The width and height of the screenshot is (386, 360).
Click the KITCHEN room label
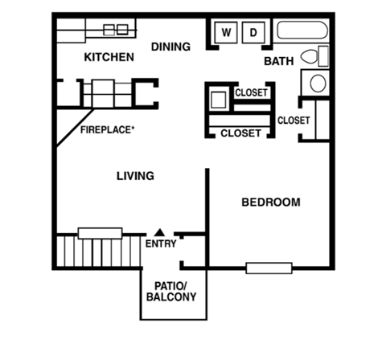coord(109,58)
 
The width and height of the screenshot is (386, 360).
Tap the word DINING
coord(170,47)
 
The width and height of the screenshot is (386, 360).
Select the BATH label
coord(278,61)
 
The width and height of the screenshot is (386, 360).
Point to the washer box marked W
coord(227,33)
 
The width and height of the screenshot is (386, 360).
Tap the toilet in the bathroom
coord(313,56)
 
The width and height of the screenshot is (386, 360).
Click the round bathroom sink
coord(317,83)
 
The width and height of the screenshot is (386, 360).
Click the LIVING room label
coord(135,176)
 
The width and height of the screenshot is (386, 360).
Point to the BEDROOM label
coord(271,202)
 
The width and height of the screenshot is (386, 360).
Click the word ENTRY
coord(160,243)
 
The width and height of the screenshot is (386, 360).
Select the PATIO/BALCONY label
coord(170,290)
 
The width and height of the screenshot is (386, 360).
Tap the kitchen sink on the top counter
coord(115,30)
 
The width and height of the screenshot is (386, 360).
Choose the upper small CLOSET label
coord(251,93)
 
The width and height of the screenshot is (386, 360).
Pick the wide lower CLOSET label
coord(240,133)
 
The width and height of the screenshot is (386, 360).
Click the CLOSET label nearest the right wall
coord(294,121)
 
